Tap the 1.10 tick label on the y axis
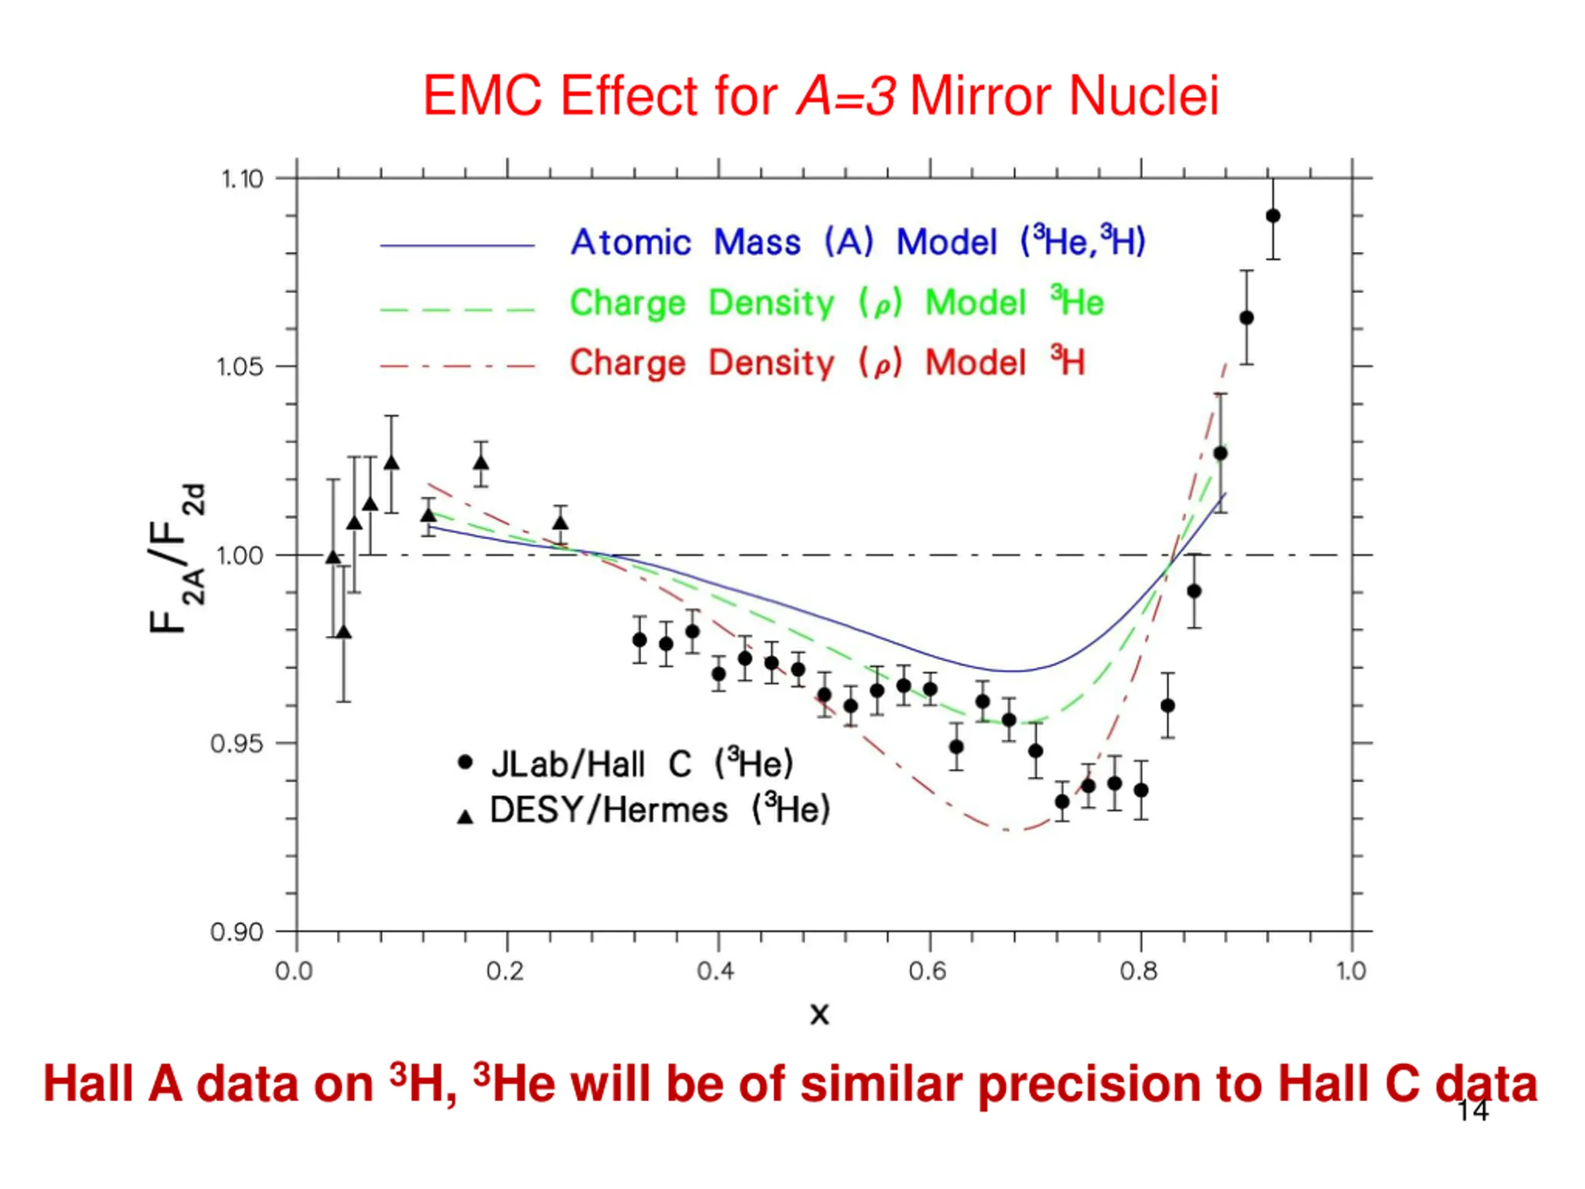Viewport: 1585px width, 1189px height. click(242, 178)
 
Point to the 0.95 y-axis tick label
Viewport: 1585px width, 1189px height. click(237, 744)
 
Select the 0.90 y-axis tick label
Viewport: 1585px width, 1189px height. click(237, 933)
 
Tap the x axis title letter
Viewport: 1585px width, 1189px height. click(819, 1014)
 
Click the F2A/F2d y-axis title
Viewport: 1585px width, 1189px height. click(176, 559)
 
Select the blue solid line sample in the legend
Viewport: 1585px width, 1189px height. click(457, 246)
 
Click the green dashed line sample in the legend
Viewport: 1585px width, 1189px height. click(457, 310)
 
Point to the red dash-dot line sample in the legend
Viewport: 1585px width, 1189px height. click(457, 367)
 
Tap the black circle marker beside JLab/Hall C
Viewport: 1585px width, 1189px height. click(465, 762)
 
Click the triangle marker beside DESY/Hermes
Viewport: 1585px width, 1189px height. click(465, 816)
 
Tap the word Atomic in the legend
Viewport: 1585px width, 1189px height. click(630, 242)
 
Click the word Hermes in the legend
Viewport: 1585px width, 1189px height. click(666, 811)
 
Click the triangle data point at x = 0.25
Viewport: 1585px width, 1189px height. click(560, 523)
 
